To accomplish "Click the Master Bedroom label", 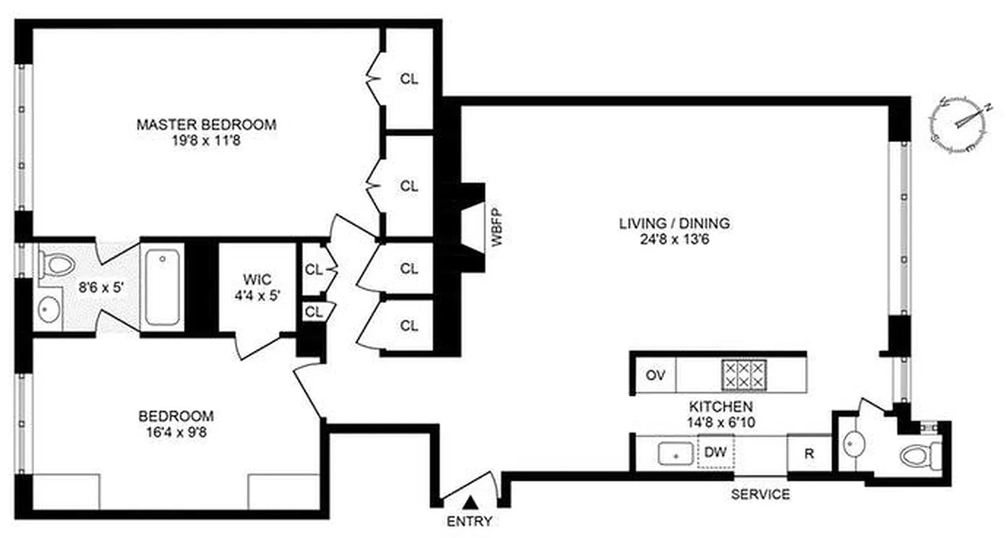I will coord(206,125).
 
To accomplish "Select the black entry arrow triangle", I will coord(472,502).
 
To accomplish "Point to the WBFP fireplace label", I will coord(498,229).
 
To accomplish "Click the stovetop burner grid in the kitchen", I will coord(743,375).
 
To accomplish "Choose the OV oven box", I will coord(655,375).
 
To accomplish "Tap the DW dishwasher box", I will coord(715,452).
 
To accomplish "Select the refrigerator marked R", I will coord(809,453).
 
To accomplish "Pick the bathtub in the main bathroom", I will coord(162,286).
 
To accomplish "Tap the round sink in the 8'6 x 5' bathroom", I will coord(47,310).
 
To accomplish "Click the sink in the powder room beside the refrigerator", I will coord(853,444).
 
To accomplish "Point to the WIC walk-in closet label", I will coord(257,278).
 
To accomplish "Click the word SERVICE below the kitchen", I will coord(760,495).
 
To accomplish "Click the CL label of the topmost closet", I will coord(409,79).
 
